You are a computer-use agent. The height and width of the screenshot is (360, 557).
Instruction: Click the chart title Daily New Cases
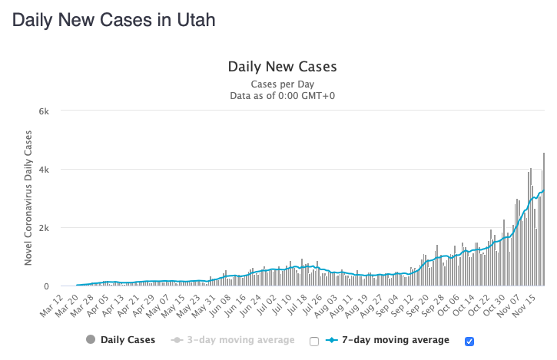[282, 67]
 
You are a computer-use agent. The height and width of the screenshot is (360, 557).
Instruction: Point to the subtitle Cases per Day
[282, 84]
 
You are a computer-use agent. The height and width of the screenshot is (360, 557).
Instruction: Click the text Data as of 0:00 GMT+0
[282, 96]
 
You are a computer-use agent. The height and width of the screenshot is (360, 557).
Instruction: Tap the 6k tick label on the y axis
[44, 111]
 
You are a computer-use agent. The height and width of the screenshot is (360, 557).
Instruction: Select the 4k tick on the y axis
[44, 169]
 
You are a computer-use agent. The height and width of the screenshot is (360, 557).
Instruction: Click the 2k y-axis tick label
[44, 228]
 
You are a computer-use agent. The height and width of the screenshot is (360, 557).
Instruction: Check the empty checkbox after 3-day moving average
[313, 341]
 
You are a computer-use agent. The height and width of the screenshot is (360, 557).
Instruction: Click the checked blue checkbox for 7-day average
[469, 341]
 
